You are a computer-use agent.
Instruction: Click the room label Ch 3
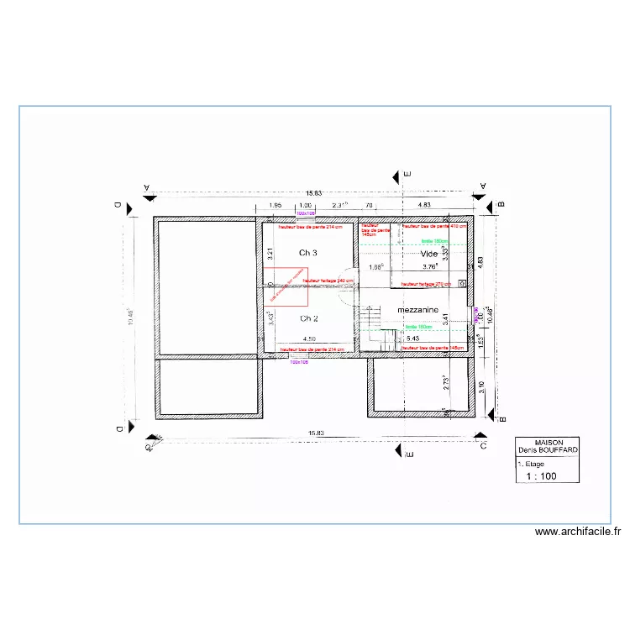point(308,253)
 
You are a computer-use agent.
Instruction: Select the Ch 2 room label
point(308,318)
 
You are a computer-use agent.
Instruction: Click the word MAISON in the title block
point(548,443)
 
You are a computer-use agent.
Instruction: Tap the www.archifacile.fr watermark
point(577,532)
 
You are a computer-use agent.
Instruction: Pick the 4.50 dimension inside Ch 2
point(310,339)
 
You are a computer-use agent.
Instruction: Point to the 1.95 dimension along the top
point(275,205)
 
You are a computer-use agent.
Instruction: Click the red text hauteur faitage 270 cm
point(425,284)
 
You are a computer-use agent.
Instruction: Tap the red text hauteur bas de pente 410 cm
point(434,227)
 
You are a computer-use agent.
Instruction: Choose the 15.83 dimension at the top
point(316,194)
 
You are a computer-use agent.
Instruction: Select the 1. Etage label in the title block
point(533,463)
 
